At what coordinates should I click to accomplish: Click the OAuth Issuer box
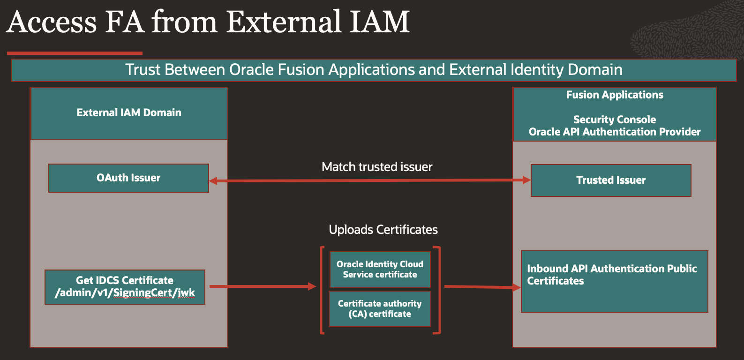point(128,178)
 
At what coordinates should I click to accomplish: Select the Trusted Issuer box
point(611,180)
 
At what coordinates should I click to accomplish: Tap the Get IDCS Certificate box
point(125,287)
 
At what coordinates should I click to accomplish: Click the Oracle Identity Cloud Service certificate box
point(380,270)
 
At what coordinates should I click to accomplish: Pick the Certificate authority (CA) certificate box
point(380,309)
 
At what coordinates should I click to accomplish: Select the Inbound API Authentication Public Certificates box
point(614,281)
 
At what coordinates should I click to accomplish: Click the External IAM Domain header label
point(129,113)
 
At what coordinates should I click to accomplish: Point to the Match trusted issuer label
point(377,167)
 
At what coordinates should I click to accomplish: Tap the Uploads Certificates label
point(383,230)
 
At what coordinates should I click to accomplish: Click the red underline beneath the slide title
point(75,53)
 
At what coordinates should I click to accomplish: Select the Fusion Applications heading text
point(615,95)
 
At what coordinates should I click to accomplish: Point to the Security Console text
point(615,120)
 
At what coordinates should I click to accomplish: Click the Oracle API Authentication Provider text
point(615,132)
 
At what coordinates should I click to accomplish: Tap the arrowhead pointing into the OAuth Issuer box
point(213,181)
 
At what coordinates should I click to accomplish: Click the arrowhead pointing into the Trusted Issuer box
point(526,180)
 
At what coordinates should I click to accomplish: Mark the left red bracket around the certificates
point(322,290)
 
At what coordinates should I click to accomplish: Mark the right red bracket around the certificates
point(438,290)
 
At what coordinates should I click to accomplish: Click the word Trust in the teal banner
point(143,70)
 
